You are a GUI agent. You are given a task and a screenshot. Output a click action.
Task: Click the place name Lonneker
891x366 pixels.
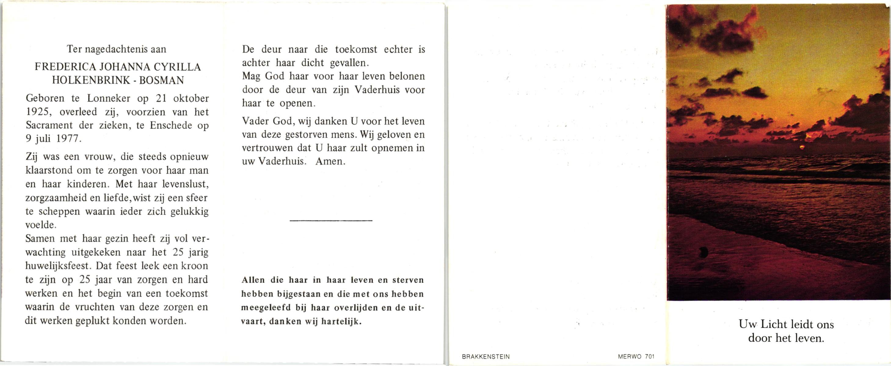(109, 99)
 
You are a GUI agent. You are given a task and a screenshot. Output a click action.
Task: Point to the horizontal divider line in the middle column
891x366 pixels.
(331, 221)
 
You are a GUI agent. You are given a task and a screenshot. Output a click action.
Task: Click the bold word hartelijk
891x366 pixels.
(341, 321)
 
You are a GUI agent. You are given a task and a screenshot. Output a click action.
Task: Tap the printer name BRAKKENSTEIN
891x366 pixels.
(486, 357)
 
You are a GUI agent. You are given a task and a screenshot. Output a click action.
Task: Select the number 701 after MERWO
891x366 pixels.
(649, 357)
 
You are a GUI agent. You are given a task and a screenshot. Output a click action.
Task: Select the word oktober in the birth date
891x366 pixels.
(191, 99)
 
